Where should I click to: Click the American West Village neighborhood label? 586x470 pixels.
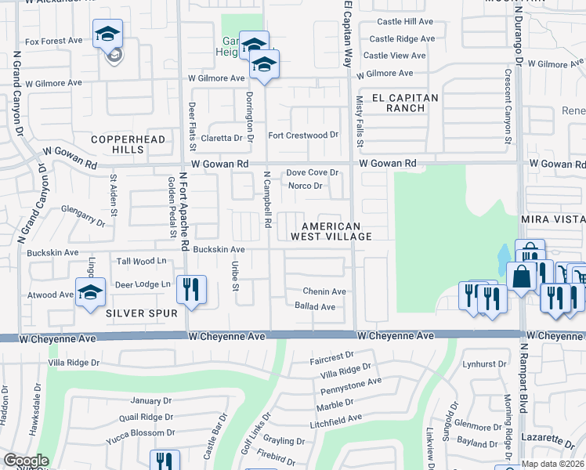coord(331,230)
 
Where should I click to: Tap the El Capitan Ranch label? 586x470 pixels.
coord(405,103)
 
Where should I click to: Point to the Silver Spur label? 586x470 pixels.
coord(138,313)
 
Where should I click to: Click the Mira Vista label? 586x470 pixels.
coord(555,222)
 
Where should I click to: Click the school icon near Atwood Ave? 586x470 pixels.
coord(90,293)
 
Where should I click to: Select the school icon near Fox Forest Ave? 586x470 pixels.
coord(107,34)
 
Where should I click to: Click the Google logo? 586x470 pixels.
coord(26,461)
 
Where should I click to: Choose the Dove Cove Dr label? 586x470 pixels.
coord(312,172)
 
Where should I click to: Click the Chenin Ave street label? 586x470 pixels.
coord(324,291)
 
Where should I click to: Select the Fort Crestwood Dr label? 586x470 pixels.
coord(303,135)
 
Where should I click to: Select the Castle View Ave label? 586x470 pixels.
coord(394,56)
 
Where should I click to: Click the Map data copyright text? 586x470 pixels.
coord(552,464)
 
